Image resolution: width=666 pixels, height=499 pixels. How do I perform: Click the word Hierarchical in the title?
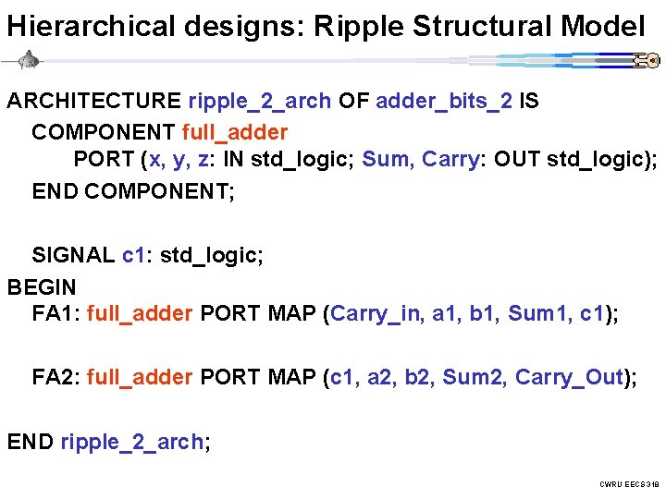tap(89, 26)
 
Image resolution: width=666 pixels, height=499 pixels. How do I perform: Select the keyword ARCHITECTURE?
tap(94, 101)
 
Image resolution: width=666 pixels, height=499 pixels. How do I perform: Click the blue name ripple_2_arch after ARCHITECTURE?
tap(259, 101)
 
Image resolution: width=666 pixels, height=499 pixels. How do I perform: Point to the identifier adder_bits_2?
tap(444, 101)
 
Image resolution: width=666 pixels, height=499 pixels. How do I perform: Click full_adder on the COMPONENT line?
tap(235, 132)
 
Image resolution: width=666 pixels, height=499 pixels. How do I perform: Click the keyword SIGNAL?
tap(73, 254)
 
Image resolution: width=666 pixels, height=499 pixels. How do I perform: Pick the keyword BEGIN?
tap(42, 286)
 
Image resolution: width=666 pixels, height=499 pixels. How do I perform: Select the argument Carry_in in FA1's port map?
tap(376, 314)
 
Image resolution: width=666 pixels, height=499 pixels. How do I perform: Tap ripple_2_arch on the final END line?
tap(131, 442)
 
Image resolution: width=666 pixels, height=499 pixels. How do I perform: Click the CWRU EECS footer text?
tap(629, 484)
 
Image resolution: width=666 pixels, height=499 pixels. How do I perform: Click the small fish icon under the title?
tap(29, 61)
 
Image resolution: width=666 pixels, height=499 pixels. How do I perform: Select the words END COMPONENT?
tap(133, 191)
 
